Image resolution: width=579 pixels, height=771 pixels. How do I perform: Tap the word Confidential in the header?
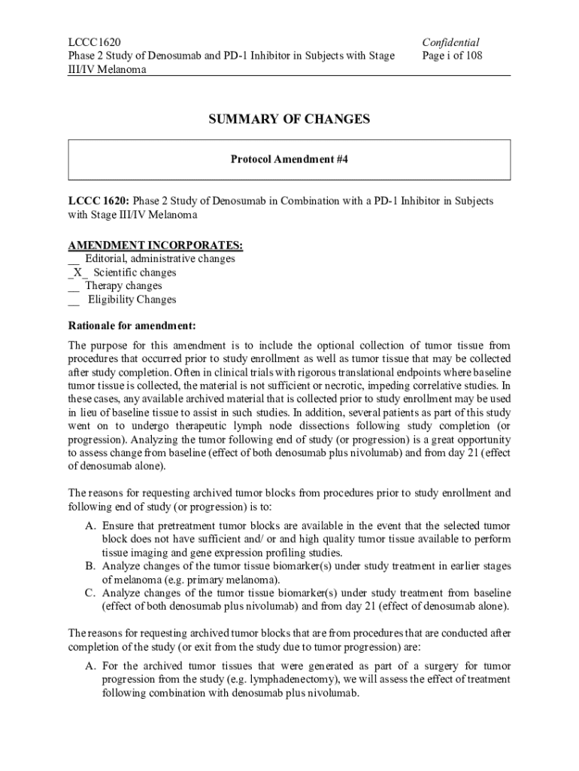click(x=451, y=42)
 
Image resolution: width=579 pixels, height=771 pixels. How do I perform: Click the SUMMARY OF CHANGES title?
click(x=289, y=119)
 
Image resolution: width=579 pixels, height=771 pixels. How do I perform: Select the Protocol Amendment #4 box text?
click(x=289, y=160)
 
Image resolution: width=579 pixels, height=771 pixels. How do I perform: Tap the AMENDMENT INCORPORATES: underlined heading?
click(x=156, y=245)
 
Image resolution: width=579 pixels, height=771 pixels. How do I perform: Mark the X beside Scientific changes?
click(x=77, y=273)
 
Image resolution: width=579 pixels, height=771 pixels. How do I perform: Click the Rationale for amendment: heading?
click(x=132, y=325)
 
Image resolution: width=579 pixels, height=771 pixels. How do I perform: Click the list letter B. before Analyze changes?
click(x=89, y=565)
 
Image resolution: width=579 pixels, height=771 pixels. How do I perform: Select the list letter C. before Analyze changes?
click(x=89, y=593)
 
